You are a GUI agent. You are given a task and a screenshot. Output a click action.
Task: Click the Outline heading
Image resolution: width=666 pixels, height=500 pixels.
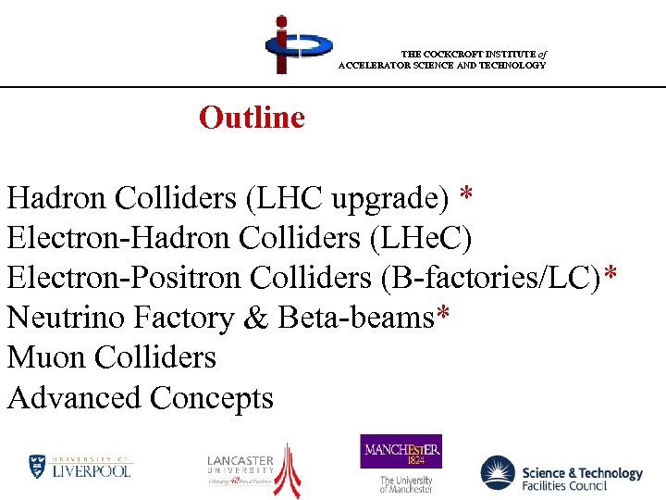(x=252, y=118)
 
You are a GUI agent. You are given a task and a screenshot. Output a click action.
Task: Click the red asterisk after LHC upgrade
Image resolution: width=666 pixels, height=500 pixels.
(x=467, y=195)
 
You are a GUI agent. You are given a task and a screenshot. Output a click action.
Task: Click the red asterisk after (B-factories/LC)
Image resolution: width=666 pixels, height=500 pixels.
(x=610, y=276)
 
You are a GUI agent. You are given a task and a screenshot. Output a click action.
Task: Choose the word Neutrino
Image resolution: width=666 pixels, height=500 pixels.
(x=66, y=318)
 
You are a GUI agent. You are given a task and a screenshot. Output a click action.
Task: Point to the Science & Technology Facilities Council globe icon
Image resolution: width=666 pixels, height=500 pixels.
(x=498, y=472)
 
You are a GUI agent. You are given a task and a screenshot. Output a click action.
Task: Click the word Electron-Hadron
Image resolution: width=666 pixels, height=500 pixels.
(x=118, y=238)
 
